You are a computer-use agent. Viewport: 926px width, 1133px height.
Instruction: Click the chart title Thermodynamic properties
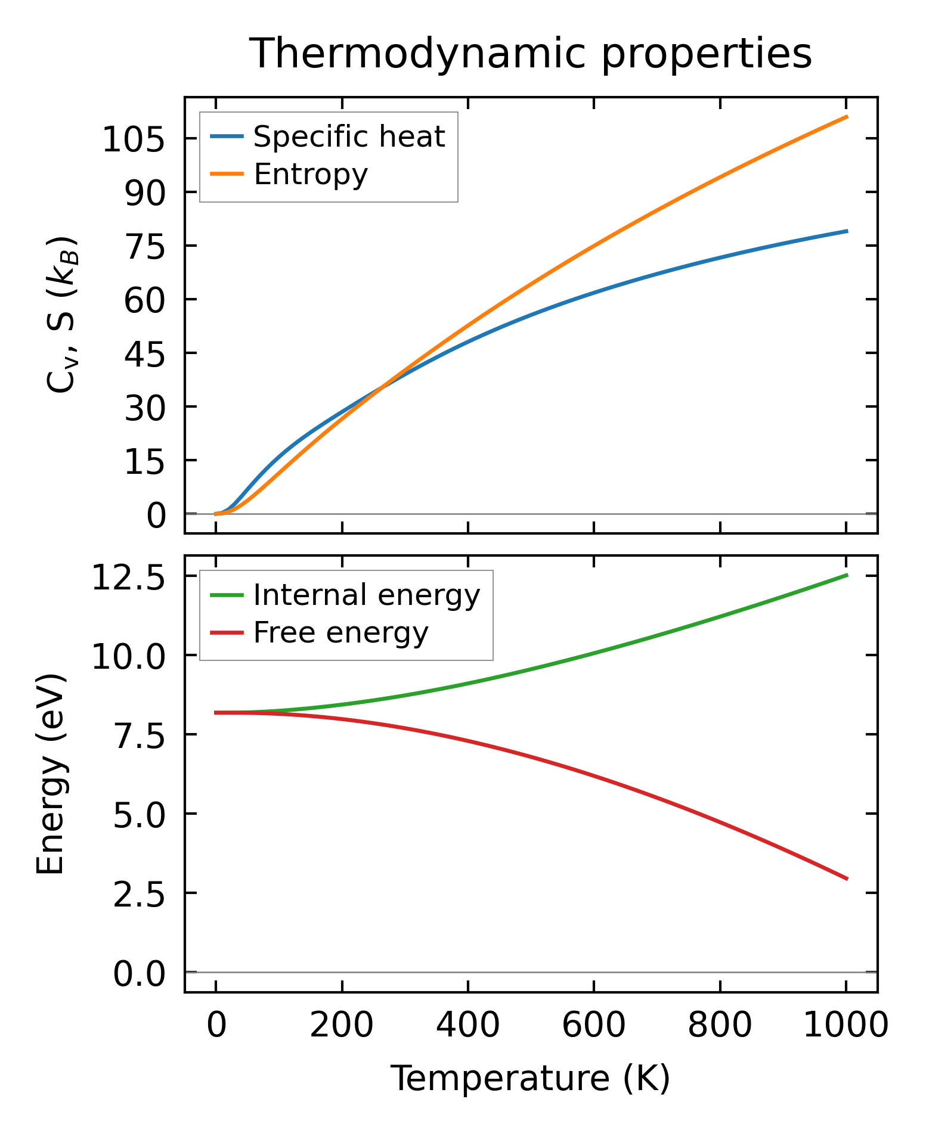tap(530, 54)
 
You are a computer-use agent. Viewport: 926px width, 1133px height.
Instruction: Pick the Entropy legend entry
tap(311, 174)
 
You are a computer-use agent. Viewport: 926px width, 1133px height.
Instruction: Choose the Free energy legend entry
tap(340, 632)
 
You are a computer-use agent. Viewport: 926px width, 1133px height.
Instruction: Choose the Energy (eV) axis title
tap(50, 774)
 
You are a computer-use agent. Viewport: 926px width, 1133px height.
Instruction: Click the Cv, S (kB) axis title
tap(61, 314)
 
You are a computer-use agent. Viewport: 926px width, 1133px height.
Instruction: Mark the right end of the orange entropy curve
tap(847, 117)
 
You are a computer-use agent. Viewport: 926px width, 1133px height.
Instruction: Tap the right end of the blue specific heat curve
tap(847, 231)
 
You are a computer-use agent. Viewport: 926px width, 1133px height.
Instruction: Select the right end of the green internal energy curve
tap(847, 575)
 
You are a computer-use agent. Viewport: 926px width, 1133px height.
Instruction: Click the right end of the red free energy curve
tap(847, 879)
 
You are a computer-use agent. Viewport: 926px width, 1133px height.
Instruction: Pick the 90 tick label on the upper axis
tap(144, 193)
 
